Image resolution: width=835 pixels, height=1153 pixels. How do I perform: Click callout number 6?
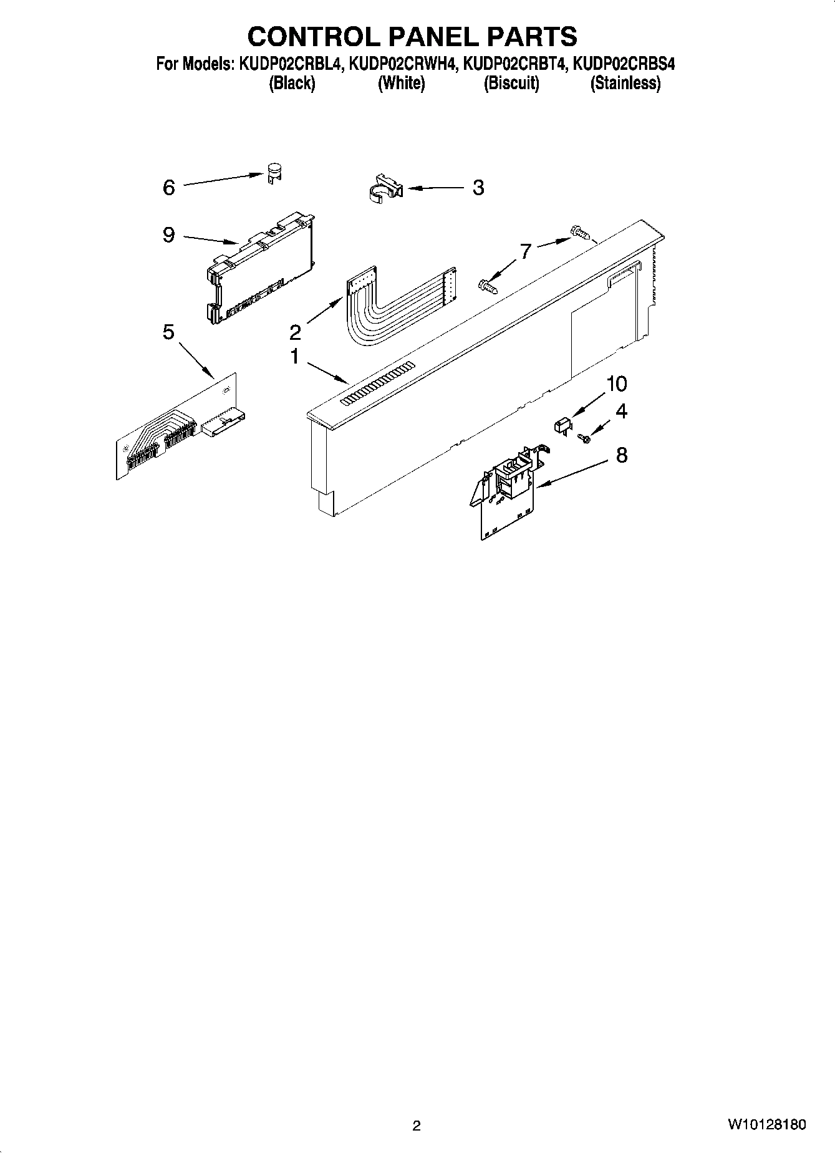pyautogui.click(x=169, y=187)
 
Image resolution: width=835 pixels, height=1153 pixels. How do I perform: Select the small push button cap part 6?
pyautogui.click(x=273, y=173)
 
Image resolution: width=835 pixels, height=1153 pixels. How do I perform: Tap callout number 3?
pyautogui.click(x=478, y=187)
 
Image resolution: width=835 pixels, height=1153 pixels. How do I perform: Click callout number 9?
pyautogui.click(x=168, y=235)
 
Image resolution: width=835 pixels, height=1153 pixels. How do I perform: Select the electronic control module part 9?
pyautogui.click(x=259, y=269)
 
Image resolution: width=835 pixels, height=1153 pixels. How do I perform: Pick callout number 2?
pyautogui.click(x=295, y=332)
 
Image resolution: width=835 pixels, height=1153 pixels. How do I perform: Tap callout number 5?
pyautogui.click(x=168, y=332)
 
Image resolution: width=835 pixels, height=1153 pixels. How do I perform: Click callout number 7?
pyautogui.click(x=526, y=251)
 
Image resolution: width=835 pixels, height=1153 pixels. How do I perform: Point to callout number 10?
pyautogui.click(x=616, y=384)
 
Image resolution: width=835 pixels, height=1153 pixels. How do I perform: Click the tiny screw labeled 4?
pyautogui.click(x=584, y=438)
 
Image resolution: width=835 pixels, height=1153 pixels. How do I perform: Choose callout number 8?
pyautogui.click(x=621, y=455)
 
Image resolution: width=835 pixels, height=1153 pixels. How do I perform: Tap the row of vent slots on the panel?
pyautogui.click(x=377, y=384)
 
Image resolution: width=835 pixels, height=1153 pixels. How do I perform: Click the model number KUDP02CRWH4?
pyautogui.click(x=403, y=64)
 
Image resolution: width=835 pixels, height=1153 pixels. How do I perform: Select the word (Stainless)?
pyautogui.click(x=625, y=83)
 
